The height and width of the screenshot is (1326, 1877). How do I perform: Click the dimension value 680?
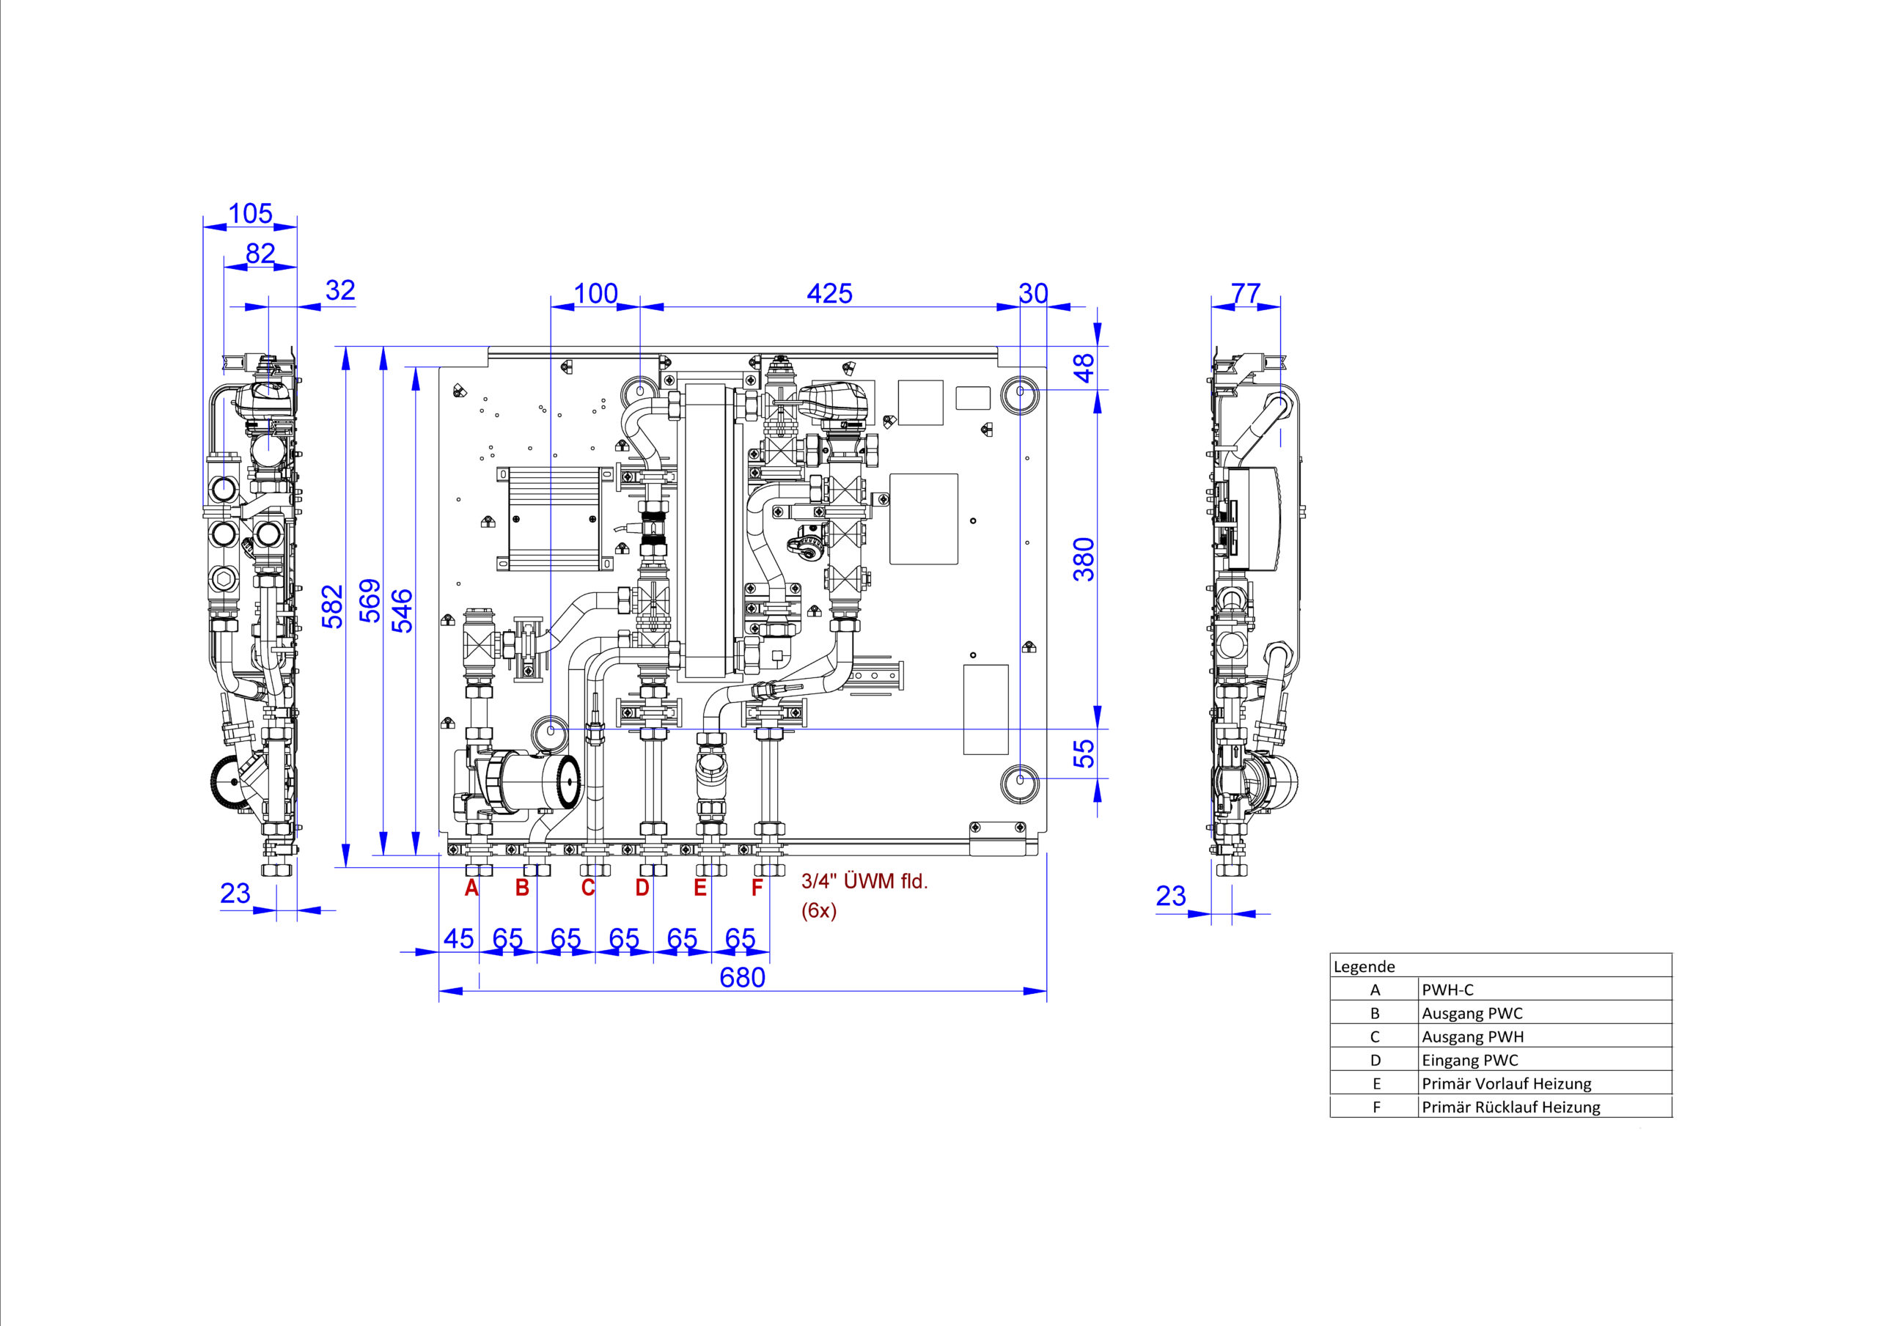click(742, 978)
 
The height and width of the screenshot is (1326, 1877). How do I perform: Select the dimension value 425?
click(829, 293)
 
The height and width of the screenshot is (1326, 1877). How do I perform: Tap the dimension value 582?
click(333, 607)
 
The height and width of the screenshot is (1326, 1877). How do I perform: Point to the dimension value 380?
click(1084, 559)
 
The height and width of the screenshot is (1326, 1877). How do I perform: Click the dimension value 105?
click(250, 213)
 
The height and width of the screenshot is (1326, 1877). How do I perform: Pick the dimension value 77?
click(1246, 292)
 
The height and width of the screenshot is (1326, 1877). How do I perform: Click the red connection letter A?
click(471, 888)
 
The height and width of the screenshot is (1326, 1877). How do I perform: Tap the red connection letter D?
click(642, 888)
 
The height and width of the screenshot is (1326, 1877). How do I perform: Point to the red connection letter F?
click(757, 888)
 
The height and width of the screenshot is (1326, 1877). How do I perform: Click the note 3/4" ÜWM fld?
click(864, 881)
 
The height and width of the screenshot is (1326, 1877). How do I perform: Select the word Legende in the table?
click(1364, 966)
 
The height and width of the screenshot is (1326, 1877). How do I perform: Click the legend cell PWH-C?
click(1448, 990)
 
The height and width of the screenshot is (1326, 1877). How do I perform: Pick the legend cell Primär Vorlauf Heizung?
click(1507, 1084)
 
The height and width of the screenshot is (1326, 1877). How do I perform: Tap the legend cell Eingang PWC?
click(1470, 1061)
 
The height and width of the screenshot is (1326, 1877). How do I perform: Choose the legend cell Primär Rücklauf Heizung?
click(1510, 1107)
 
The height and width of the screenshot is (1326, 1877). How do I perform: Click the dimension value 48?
click(1084, 368)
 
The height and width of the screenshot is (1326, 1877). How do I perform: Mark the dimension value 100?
click(595, 293)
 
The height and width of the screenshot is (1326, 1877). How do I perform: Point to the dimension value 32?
click(340, 290)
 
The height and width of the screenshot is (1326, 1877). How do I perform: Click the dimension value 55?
click(1084, 754)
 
